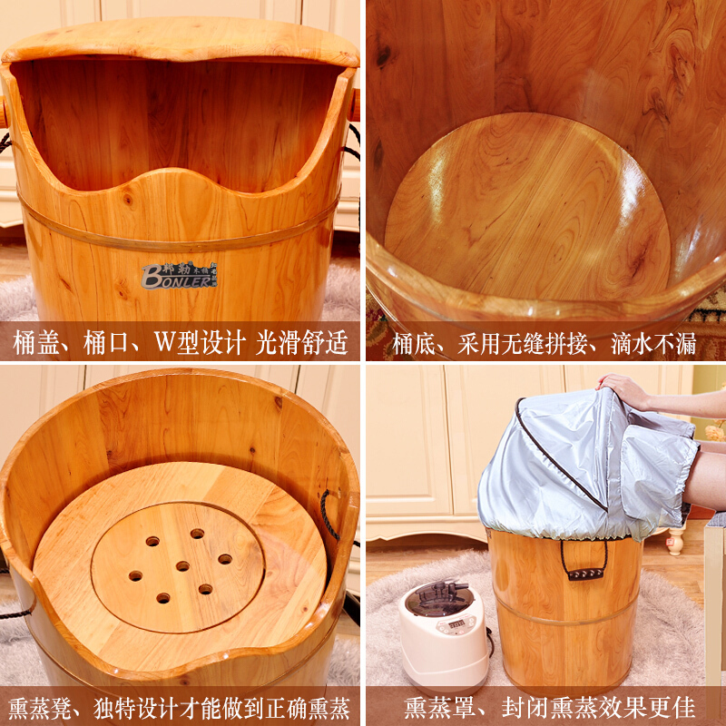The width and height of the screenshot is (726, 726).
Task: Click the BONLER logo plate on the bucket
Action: [179, 276]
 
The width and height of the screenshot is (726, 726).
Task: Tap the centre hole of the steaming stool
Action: [182, 565]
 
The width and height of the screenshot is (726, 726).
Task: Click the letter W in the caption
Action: [163, 342]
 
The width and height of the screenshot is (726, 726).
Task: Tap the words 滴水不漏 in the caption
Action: [653, 344]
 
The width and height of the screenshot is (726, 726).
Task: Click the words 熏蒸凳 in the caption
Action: [40, 708]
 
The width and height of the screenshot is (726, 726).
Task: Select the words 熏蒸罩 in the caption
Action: [436, 708]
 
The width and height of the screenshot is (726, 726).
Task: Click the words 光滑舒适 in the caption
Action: [302, 343]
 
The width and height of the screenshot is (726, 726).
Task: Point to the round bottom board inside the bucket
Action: [528, 209]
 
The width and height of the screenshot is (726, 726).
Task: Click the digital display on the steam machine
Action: [456, 623]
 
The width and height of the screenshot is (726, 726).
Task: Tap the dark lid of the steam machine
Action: [439, 598]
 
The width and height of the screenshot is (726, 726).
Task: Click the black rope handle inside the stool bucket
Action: [328, 515]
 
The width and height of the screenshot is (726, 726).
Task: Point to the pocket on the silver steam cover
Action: [656, 477]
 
